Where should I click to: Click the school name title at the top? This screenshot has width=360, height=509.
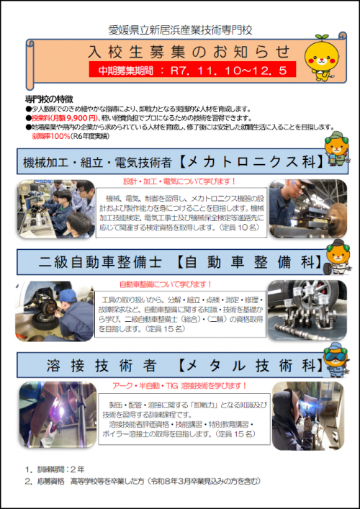click(179, 31)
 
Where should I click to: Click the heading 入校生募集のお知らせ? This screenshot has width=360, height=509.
click(189, 53)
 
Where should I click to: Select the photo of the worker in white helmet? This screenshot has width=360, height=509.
click(306, 209)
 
